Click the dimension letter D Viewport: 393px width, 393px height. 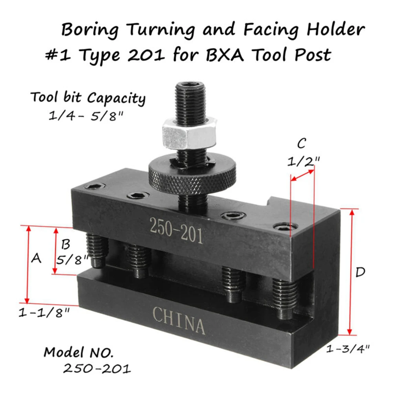[x=360, y=272]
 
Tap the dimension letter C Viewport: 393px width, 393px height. [x=301, y=144]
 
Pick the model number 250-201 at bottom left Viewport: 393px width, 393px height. [x=97, y=368]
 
